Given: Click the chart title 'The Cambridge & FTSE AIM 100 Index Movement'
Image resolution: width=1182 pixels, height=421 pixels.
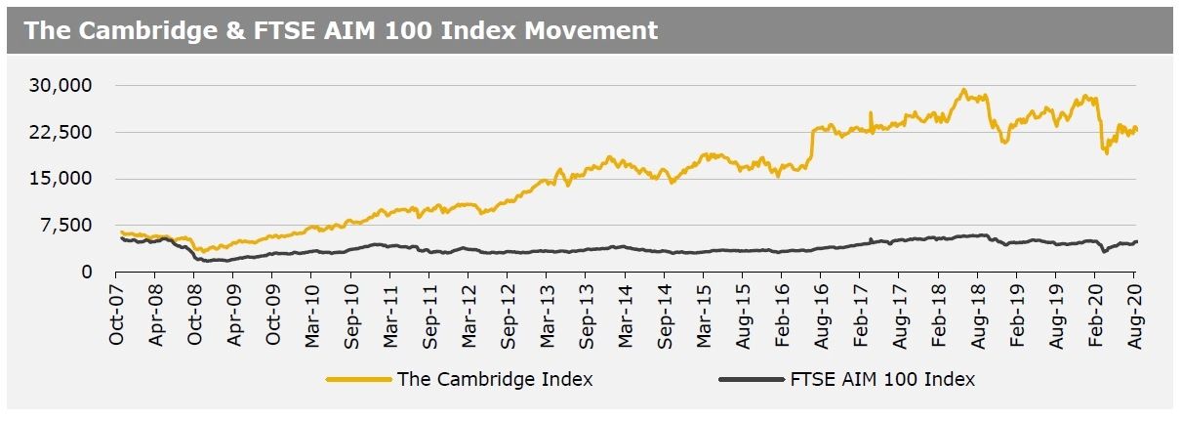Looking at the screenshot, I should pyautogui.click(x=341, y=30).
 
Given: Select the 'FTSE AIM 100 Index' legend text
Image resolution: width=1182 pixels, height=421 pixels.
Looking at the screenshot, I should pyautogui.click(x=881, y=379).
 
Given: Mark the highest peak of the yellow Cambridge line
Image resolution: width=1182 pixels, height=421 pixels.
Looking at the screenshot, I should pyautogui.click(x=963, y=90).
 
